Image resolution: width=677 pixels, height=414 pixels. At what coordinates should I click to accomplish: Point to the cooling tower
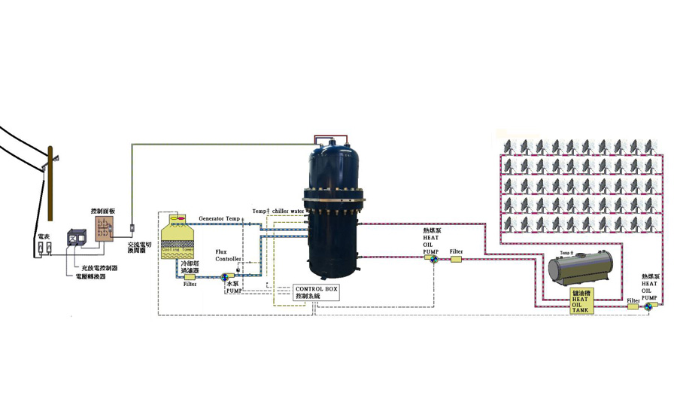click(178, 237)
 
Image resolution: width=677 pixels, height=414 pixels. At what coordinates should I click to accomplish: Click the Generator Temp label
click(220, 218)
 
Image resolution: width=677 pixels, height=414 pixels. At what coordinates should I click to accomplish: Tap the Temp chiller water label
click(278, 212)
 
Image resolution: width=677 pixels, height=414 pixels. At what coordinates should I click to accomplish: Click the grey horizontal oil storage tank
click(579, 267)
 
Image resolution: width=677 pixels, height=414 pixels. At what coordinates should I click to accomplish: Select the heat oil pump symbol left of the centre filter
click(433, 260)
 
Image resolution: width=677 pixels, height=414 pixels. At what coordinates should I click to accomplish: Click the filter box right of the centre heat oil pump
click(456, 260)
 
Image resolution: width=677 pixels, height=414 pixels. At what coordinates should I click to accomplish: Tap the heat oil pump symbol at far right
click(648, 308)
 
